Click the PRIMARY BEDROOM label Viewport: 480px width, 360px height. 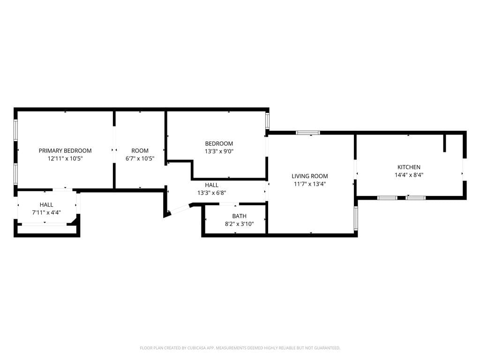tap(65, 150)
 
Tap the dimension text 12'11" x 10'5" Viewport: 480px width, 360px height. tap(65, 158)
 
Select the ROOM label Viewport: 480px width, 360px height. tap(140, 150)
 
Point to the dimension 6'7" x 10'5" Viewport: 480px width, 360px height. tap(140, 158)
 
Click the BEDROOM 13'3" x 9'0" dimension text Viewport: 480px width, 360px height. tap(219, 151)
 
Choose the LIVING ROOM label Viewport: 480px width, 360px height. tap(309, 176)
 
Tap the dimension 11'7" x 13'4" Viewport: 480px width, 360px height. tap(309, 184)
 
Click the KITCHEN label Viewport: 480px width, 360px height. tap(409, 167)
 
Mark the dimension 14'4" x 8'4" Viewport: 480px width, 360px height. tap(409, 175)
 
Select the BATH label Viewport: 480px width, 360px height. tap(239, 216)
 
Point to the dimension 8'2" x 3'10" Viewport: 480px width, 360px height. tap(239, 224)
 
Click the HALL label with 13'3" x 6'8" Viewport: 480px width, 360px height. tap(211, 185)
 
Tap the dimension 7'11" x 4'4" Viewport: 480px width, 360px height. tap(46, 213)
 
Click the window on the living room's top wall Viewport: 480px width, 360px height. tap(308, 133)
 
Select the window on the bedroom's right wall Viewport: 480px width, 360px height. tap(268, 120)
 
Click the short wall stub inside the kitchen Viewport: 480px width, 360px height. tap(445, 143)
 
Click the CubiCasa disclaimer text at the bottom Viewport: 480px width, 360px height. tap(240, 348)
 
